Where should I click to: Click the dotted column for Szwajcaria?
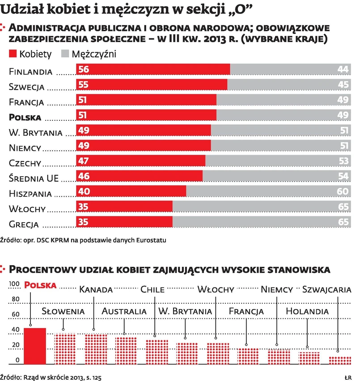pyautogui.click(x=340, y=360)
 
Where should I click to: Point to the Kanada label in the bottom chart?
pyautogui.click(x=96, y=289)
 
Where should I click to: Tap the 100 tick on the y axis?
pyautogui.click(x=15, y=284)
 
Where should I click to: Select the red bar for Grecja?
pyautogui.click(x=124, y=222)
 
